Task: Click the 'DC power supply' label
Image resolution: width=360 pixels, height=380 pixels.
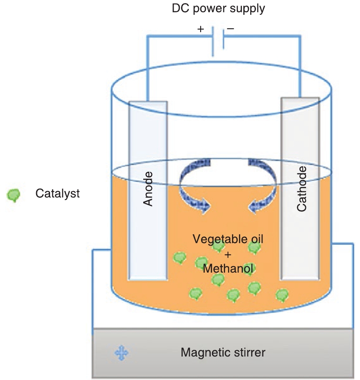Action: point(218,9)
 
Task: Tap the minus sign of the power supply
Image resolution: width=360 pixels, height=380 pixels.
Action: point(230,29)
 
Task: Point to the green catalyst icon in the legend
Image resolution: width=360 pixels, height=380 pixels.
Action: point(14,195)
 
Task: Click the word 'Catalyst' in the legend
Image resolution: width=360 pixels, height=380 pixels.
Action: point(58,193)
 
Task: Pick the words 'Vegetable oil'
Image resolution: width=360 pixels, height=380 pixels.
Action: point(229,239)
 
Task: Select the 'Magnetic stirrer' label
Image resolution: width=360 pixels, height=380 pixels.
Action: point(223,352)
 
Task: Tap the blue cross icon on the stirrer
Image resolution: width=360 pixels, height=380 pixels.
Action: point(121,353)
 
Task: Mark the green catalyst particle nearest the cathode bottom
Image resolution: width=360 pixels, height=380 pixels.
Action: point(282,295)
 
